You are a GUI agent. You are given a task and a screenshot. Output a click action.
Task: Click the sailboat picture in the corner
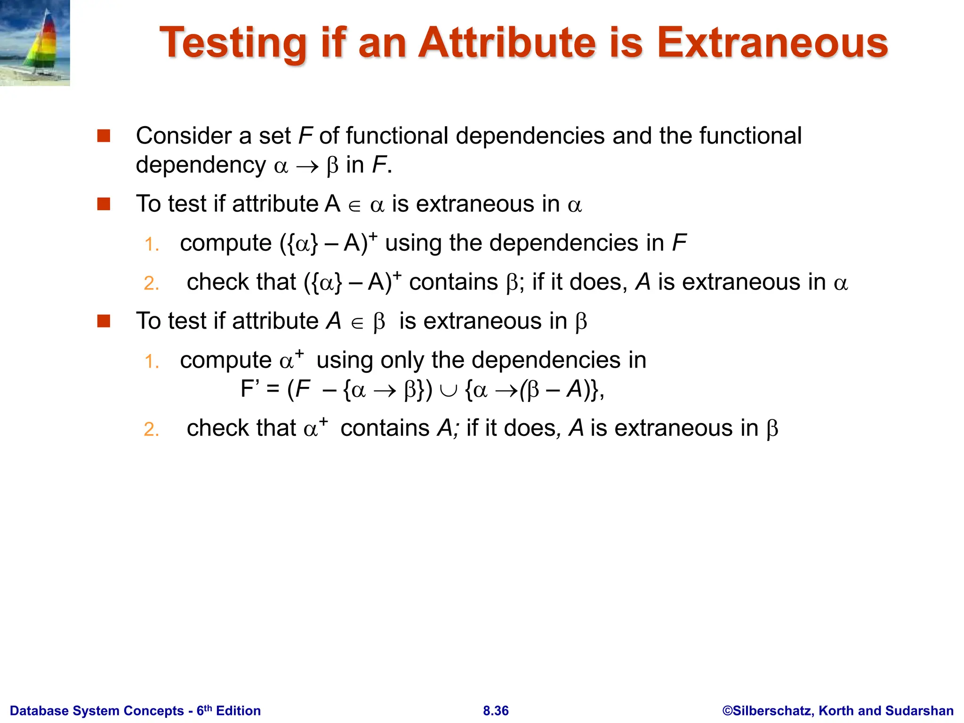(35, 43)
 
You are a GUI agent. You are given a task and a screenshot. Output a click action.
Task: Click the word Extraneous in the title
(772, 43)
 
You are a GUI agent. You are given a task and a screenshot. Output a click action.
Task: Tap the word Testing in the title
(233, 43)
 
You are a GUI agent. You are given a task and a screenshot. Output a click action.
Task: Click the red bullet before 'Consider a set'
(104, 136)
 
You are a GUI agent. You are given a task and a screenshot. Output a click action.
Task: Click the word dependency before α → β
(201, 165)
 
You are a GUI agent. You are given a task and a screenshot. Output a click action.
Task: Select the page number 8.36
(496, 711)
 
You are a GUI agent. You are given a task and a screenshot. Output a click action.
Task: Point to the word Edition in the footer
(238, 711)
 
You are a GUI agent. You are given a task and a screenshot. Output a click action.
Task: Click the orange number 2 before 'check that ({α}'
(151, 283)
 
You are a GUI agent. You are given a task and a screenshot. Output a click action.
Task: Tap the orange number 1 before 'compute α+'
(151, 362)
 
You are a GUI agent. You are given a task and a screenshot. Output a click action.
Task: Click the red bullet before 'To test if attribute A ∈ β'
(104, 321)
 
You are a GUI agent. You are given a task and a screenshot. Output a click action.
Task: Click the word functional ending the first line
(750, 136)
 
